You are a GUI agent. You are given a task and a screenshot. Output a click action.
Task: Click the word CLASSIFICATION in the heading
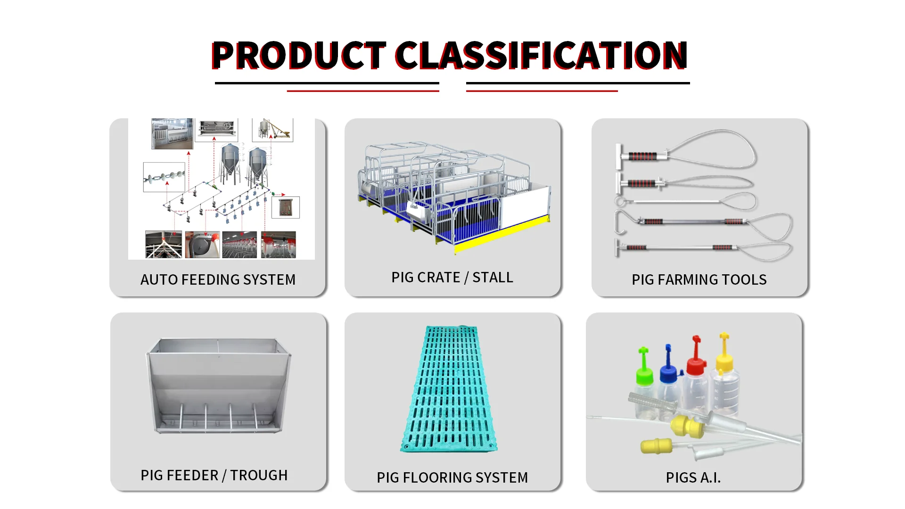(x=542, y=56)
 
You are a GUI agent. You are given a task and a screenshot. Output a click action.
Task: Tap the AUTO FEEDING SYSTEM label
(x=218, y=279)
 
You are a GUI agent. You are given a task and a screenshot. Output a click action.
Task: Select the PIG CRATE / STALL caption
(x=452, y=277)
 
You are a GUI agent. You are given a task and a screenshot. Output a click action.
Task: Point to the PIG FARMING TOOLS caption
(x=699, y=279)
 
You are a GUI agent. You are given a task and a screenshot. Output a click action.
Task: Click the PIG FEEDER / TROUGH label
(x=214, y=475)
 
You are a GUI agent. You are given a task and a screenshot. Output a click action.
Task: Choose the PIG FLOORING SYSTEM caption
(x=452, y=477)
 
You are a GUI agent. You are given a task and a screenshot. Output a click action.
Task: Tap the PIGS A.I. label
(x=693, y=477)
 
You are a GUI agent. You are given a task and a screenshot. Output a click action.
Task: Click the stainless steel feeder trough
(x=219, y=386)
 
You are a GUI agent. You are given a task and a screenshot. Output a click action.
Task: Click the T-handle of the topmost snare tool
(x=619, y=157)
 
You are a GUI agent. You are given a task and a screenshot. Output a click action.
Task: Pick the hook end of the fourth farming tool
(x=619, y=222)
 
